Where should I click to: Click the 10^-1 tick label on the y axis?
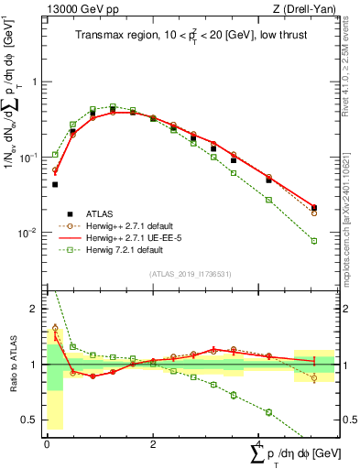[29, 157]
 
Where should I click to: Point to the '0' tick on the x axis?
[47, 442]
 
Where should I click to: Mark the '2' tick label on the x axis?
[152, 442]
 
